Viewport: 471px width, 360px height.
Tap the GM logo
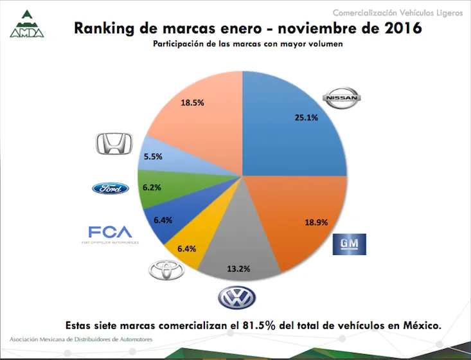click(349, 244)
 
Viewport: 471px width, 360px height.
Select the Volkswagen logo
click(236, 297)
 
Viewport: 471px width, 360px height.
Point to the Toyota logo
click(166, 271)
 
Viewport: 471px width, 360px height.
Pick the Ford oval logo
click(111, 188)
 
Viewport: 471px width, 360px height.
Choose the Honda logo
click(114, 144)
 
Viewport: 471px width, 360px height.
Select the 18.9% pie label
click(315, 222)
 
